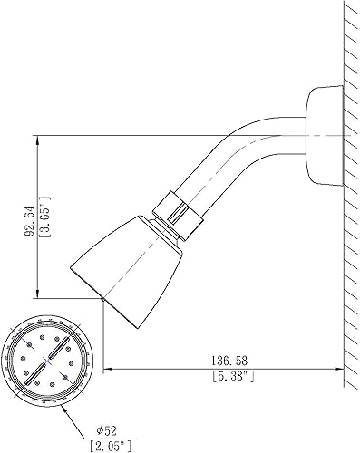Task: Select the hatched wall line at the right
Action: click(x=347, y=226)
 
